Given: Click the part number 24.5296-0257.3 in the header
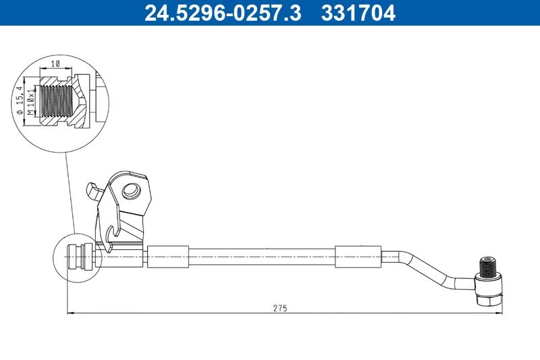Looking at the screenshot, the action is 223,13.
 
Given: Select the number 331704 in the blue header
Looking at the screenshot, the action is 358,13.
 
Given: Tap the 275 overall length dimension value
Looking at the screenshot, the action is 280,308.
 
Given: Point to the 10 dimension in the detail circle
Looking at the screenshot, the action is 55,63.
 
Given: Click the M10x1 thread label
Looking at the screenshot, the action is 31,101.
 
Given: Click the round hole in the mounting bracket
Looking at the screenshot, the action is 132,190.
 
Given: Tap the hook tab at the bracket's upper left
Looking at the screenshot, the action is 92,191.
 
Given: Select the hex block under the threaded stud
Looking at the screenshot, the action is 489,289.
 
